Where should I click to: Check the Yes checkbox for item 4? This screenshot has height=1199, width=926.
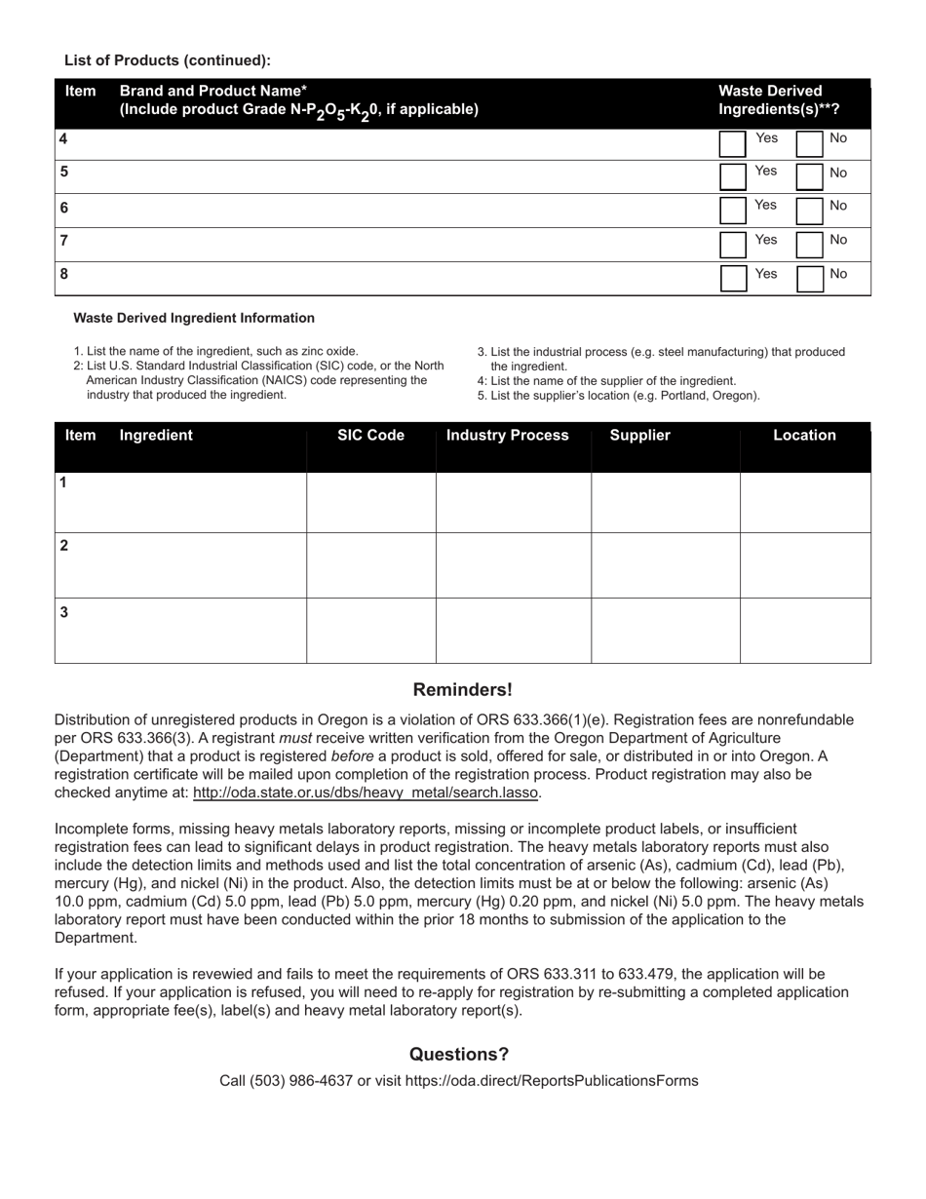733,143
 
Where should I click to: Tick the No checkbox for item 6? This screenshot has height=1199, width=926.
810,211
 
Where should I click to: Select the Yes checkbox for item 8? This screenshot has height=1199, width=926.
733,279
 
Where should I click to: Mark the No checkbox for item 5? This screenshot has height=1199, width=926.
810,176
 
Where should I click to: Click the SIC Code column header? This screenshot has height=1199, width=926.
370,436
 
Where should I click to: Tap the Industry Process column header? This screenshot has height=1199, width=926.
507,436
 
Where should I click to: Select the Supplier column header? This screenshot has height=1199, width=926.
639,436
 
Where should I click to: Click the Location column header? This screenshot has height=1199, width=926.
804,436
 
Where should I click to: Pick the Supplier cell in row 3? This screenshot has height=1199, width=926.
665,631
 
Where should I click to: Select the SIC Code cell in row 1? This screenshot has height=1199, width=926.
370,502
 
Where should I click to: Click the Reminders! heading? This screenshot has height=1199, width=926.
462,690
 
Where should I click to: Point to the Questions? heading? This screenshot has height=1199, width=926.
459,1054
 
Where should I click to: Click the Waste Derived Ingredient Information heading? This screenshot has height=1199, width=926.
194,318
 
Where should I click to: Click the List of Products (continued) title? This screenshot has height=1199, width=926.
168,60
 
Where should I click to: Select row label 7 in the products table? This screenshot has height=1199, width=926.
63,241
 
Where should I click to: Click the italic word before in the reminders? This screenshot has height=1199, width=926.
352,756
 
